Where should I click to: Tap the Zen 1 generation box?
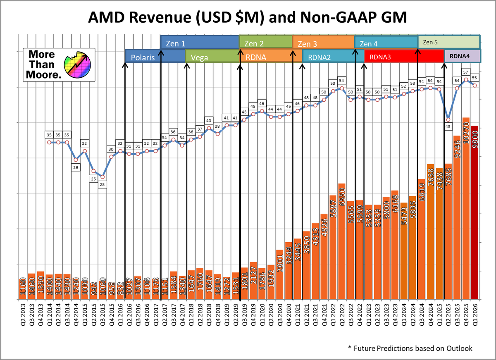200,43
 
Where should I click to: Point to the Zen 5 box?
448,42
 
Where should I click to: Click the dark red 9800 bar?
475,213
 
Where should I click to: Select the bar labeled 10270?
466,209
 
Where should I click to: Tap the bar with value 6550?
342,241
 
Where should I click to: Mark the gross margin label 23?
102,184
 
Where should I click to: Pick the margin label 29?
76,167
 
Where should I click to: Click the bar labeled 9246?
457,217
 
